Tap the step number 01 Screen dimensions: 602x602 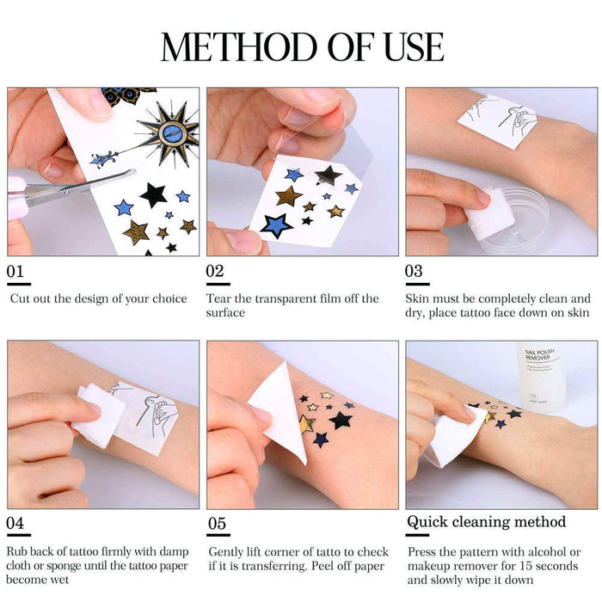coord(16,272)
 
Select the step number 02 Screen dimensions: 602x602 coord(216,272)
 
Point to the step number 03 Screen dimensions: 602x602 coord(415,272)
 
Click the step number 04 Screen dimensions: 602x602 coord(16,523)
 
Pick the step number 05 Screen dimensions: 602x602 coord(217,523)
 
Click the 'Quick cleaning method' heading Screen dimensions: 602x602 coord(486,522)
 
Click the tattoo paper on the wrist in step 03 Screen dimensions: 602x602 coord(497,120)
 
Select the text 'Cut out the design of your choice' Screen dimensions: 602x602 coord(98,299)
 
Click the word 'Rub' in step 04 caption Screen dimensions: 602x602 coord(18,551)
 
